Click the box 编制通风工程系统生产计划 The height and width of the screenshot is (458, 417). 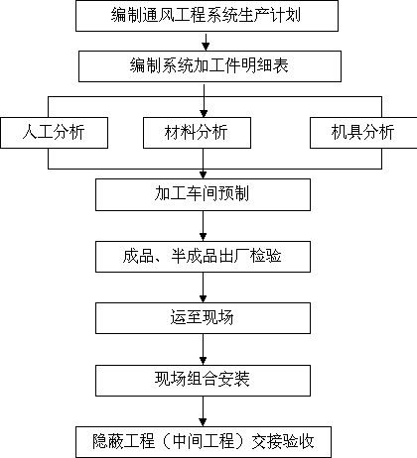click(x=207, y=16)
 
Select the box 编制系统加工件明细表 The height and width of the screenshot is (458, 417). click(x=209, y=66)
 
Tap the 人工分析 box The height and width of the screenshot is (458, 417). click(x=54, y=133)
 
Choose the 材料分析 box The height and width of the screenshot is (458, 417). click(x=197, y=133)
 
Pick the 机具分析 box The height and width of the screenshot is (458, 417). click(x=363, y=133)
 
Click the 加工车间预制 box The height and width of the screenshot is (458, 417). click(x=203, y=194)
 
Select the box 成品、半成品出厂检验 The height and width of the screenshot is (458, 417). click(x=203, y=257)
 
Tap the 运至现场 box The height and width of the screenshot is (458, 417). click(x=203, y=318)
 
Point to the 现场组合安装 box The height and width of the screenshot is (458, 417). click(x=203, y=381)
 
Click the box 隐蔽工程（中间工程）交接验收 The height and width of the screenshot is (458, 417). click(x=204, y=442)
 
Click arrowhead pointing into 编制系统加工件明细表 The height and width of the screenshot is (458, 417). click(x=206, y=47)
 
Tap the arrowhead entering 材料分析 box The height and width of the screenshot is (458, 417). click(x=204, y=113)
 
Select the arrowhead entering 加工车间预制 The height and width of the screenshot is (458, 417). click(x=204, y=174)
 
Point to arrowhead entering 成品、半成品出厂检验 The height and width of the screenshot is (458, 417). click(x=204, y=237)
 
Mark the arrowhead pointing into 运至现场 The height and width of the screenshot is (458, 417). click(x=204, y=298)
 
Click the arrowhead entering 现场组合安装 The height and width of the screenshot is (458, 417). click(x=204, y=361)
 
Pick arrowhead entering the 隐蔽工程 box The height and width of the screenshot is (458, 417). click(x=204, y=422)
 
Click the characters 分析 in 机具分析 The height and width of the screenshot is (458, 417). click(x=378, y=133)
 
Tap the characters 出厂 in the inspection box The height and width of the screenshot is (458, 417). click(x=234, y=256)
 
